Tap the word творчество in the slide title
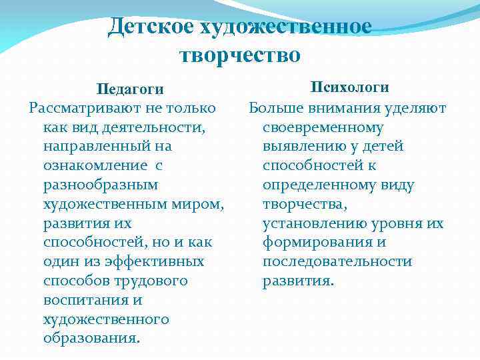[239, 54]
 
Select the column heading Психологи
[350, 88]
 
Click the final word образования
[91, 339]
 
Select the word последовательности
[337, 261]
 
